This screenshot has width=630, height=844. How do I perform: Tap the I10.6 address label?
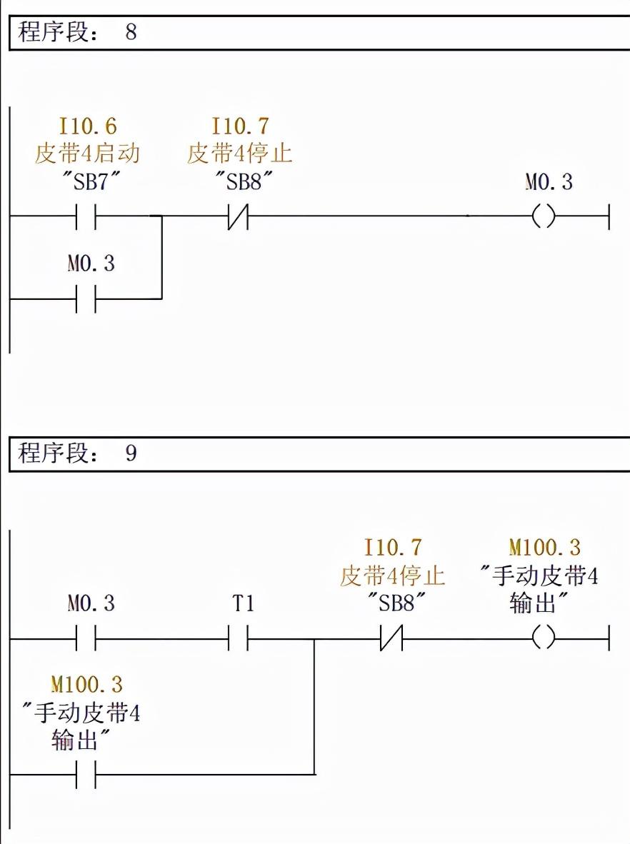[x=87, y=127]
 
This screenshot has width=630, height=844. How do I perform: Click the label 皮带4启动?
[x=87, y=154]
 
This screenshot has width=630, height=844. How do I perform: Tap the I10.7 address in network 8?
[x=240, y=127]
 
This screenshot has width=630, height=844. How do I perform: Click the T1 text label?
[x=243, y=604]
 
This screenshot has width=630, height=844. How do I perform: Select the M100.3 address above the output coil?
[x=544, y=548]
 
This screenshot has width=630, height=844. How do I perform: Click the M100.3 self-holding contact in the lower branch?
[x=86, y=774]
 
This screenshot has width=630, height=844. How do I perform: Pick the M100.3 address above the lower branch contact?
[x=86, y=685]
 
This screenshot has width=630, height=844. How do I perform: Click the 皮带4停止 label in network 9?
[x=392, y=576]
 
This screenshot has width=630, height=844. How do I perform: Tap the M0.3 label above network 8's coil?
[x=549, y=182]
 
